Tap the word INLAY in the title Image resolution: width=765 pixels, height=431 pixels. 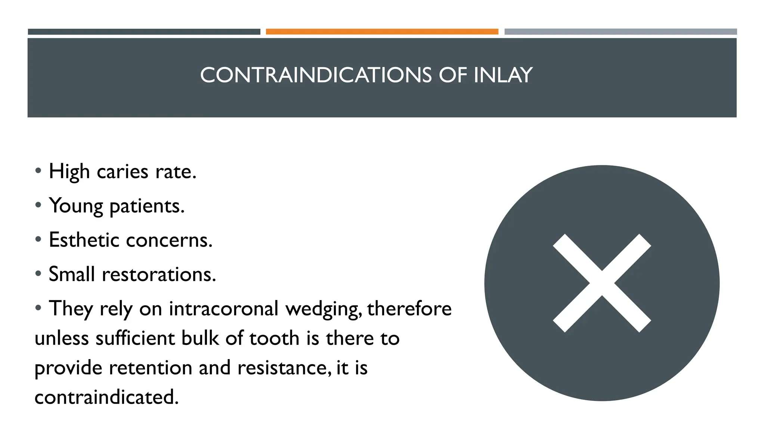tap(503, 75)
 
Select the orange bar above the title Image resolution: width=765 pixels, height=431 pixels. tap(382, 32)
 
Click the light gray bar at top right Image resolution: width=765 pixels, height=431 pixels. tap(620, 32)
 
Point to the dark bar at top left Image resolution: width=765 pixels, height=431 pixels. tap(144, 32)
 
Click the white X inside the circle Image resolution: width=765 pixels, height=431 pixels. tap(602, 283)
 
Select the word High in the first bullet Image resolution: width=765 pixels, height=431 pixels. tap(69, 172)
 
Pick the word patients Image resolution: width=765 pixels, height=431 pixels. tap(147, 206)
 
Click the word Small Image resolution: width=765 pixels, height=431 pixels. tap(71, 274)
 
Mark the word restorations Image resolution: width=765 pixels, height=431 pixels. tap(159, 274)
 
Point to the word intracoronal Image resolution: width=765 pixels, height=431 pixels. tap(223, 309)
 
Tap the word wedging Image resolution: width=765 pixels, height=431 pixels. tap(323, 309)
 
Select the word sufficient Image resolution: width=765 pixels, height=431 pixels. tap(135, 338)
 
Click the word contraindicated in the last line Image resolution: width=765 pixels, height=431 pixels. tap(106, 397)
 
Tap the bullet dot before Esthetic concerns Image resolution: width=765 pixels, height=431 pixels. tap(38, 239)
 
